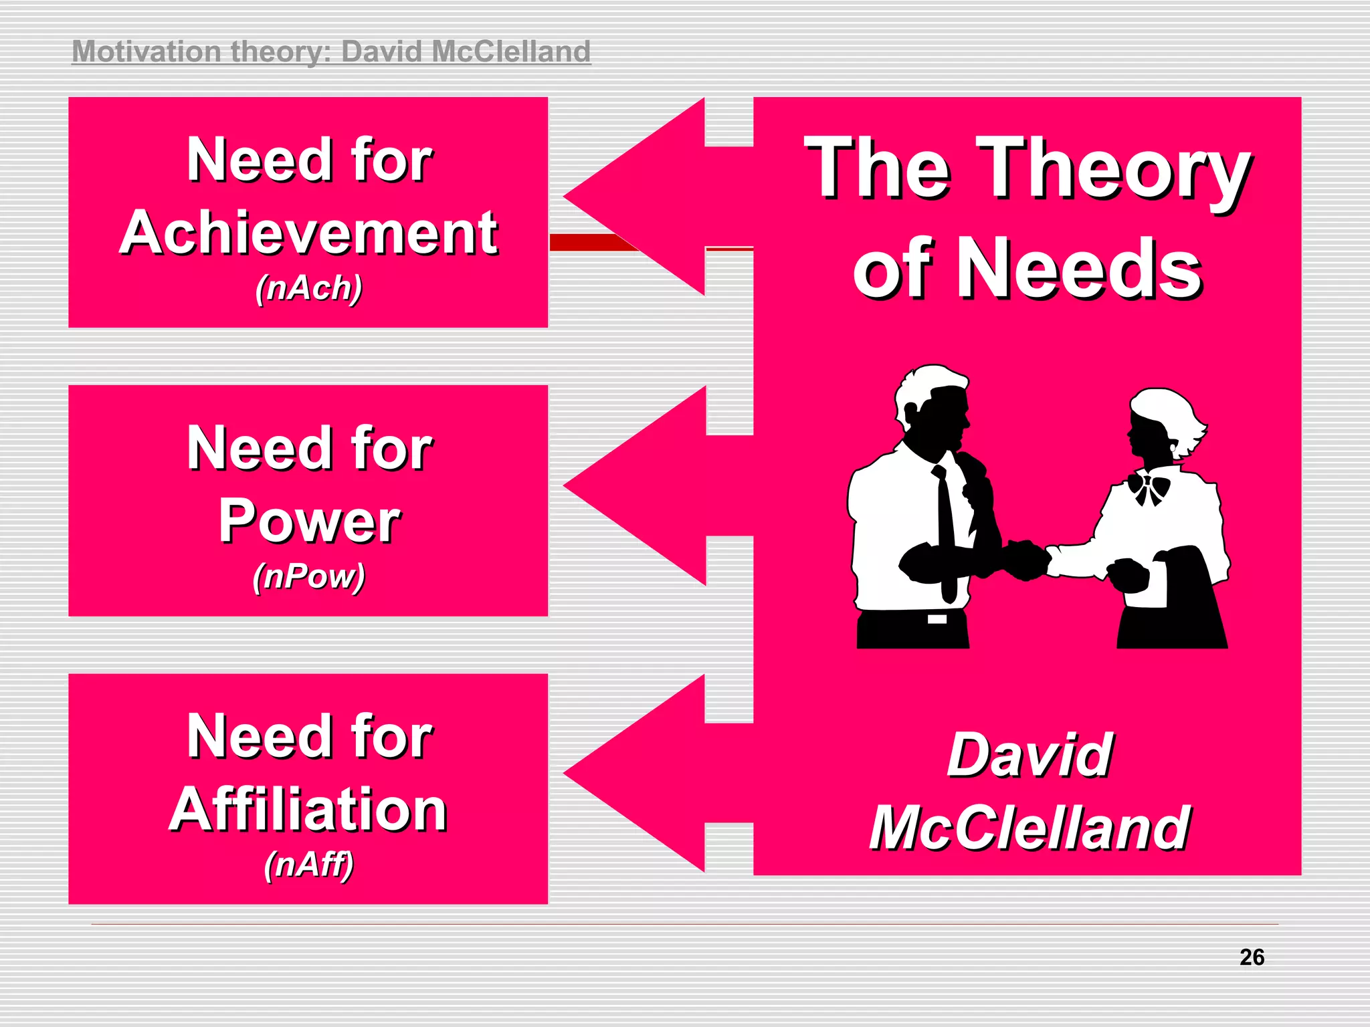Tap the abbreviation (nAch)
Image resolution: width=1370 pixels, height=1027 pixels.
(309, 288)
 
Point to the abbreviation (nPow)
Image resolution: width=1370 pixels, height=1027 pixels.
(309, 576)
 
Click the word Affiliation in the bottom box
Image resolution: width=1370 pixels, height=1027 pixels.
(308, 809)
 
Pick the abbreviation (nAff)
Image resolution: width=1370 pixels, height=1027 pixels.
(308, 864)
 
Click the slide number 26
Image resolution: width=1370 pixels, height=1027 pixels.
(1252, 957)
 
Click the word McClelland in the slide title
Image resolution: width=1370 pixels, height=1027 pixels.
(511, 51)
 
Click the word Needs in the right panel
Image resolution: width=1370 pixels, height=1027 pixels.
(1080, 269)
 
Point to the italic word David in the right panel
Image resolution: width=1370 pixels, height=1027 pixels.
(1030, 755)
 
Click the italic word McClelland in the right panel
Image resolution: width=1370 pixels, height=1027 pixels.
(1030, 828)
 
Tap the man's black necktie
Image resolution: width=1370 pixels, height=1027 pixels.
(945, 528)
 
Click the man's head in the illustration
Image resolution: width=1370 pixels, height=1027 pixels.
(933, 405)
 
